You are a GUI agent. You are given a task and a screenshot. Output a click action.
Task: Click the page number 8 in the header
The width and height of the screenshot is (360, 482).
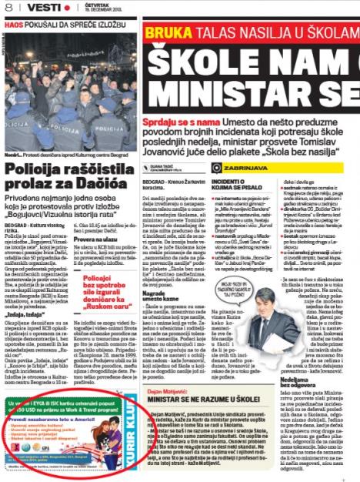click(x=7, y=8)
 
